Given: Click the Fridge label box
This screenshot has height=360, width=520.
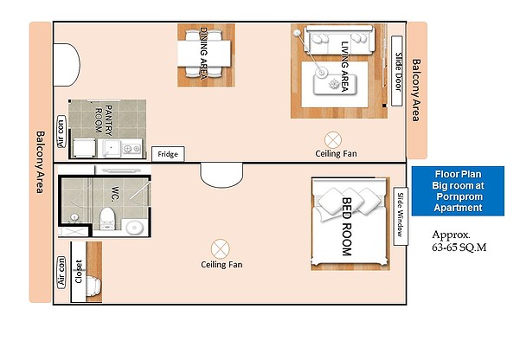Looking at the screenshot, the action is click(168, 154).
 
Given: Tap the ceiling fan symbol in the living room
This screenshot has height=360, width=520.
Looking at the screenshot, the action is click(333, 139).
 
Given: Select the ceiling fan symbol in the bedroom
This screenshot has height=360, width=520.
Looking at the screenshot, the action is click(221, 249).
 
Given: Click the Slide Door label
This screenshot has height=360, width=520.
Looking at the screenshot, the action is click(397, 71).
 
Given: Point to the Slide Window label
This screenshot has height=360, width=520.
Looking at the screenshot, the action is click(401, 216).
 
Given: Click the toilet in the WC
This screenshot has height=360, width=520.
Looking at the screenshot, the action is click(107, 218).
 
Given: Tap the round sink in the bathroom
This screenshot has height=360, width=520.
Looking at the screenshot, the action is click(135, 228).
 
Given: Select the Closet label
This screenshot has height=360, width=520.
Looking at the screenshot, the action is click(79, 272).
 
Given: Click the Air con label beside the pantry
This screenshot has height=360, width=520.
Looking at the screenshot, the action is click(61, 132).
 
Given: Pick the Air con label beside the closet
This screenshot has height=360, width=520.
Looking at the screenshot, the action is click(61, 272).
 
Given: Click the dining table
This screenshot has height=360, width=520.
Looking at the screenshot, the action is click(204, 54).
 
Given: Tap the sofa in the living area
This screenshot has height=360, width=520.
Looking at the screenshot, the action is click(339, 40).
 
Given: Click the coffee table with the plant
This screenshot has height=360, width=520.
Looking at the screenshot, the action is click(335, 85).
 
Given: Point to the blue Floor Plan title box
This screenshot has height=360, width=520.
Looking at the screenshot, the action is click(458, 191).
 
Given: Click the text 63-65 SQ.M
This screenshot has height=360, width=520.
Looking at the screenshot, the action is click(459, 247).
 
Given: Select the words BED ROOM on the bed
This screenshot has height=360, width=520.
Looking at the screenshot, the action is click(347, 227).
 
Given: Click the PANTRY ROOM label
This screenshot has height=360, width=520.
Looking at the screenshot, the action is click(104, 119).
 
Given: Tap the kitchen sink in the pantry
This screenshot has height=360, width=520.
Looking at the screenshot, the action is click(111, 148).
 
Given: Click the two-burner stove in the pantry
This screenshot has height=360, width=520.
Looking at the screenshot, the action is click(132, 149).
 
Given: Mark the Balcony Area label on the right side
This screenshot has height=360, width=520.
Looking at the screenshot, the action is click(416, 90).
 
